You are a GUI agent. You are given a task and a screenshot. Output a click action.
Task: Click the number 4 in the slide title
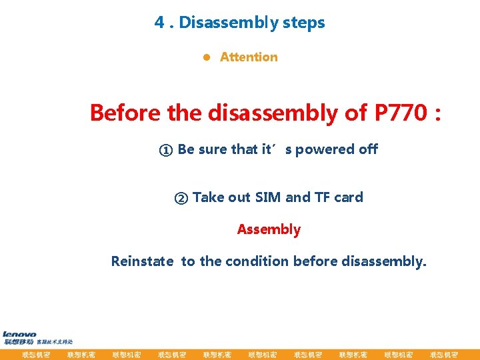tap(159, 23)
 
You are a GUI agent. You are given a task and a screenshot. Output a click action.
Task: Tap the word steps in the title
tap(303, 23)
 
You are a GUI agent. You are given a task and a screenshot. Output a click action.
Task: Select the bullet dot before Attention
tap(207, 57)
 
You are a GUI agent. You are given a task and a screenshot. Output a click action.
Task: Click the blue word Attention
tap(249, 57)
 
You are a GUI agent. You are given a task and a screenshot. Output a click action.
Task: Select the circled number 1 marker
tap(165, 150)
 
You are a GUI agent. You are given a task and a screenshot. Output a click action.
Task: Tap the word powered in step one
tap(326, 149)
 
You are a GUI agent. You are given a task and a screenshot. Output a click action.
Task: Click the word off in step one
tap(369, 149)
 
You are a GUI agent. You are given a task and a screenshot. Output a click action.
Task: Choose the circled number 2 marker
tap(181, 198)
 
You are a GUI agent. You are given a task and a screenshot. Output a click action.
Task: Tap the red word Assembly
tap(269, 229)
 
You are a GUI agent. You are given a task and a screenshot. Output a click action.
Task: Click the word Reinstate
tap(143, 261)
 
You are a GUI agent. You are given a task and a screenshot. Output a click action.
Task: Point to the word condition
tap(257, 261)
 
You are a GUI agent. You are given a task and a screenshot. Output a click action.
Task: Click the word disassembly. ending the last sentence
tap(383, 261)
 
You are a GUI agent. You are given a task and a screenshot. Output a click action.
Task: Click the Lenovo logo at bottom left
tap(20, 335)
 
